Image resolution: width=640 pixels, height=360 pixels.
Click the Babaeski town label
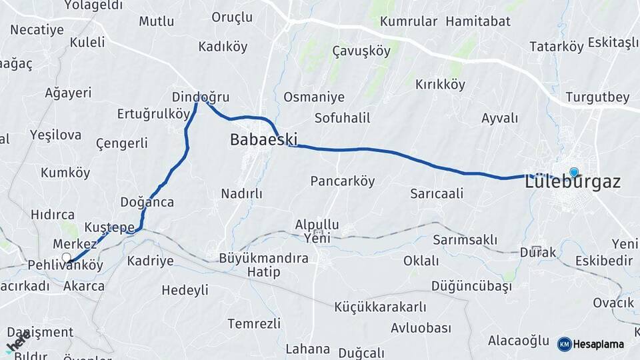point(263,140)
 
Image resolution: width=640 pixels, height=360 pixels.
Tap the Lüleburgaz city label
point(573,182)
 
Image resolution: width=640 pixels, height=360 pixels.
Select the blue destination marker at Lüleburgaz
point(573,172)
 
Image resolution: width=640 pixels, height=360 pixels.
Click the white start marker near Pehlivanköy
point(66,257)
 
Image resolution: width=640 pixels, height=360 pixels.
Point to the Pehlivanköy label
point(65,265)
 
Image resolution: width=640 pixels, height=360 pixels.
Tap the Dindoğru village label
point(201,96)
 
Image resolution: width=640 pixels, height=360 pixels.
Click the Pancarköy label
point(343,181)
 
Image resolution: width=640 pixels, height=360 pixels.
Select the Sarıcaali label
point(437,194)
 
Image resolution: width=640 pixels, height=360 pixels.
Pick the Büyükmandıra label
point(264,257)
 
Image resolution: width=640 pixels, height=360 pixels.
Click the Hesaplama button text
point(598,345)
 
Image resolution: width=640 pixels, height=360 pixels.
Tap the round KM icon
point(564,345)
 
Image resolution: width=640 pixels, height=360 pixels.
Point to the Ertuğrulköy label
point(153,113)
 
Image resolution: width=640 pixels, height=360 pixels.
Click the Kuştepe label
point(110,228)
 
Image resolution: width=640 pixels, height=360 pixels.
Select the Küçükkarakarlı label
point(381,307)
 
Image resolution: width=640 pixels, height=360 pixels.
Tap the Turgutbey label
point(597,97)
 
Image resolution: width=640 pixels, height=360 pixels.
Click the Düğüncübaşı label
point(471,286)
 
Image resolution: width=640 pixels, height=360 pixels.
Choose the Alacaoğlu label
point(518,341)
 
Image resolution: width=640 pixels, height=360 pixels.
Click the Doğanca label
point(147,202)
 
